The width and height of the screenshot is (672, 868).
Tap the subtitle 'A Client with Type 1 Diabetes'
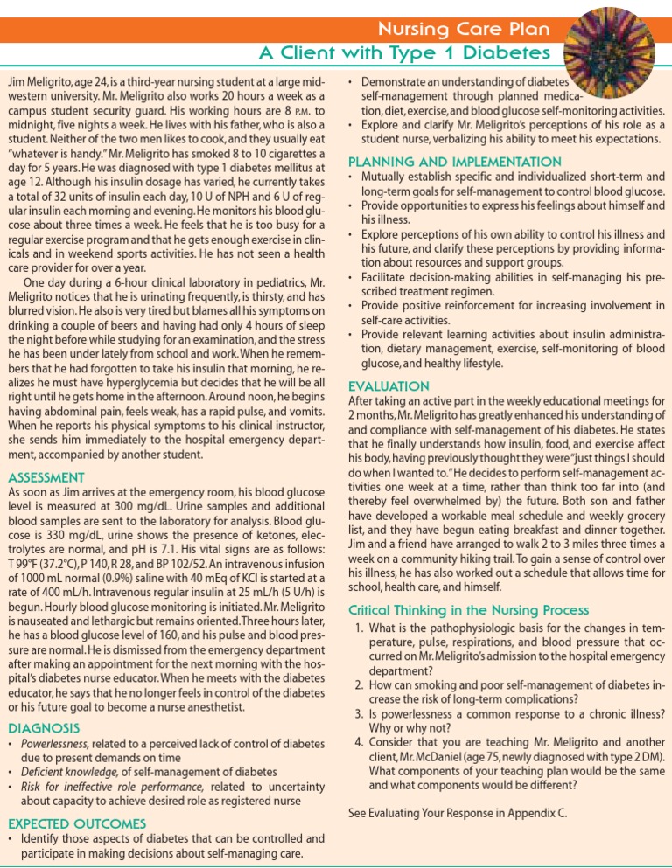pos(404,54)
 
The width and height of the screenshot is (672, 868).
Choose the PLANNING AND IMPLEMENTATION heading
pos(455,162)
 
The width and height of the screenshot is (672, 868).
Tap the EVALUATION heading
pos(389,385)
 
